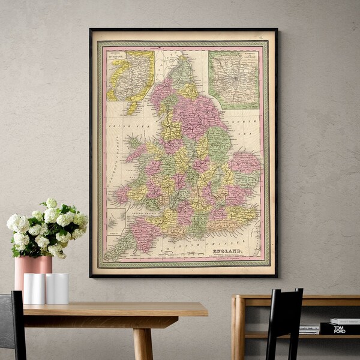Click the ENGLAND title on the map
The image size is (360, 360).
[x=228, y=250]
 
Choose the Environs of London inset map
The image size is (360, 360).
[x=234, y=79]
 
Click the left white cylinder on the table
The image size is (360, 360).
[x=34, y=288]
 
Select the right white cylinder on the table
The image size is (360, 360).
[x=58, y=288]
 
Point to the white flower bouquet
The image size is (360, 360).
[x=47, y=228]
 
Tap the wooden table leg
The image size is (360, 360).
[x=143, y=343]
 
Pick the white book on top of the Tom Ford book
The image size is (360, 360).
[x=344, y=321]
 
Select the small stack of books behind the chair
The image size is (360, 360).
[x=309, y=329]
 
